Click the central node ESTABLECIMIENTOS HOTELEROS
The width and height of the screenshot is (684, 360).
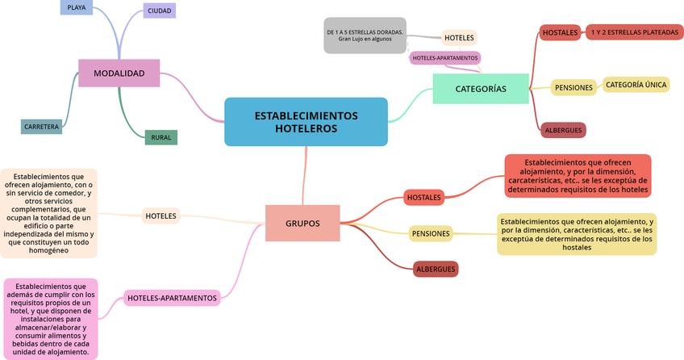click(306, 122)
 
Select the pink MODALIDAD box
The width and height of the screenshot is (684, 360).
click(119, 73)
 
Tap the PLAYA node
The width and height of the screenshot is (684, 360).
click(77, 7)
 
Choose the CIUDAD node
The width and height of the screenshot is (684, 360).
click(159, 10)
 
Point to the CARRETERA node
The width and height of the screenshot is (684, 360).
click(41, 127)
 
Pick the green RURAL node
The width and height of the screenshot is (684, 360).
click(161, 137)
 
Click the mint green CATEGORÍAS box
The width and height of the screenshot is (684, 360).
click(481, 89)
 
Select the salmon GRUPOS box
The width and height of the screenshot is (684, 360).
click(302, 224)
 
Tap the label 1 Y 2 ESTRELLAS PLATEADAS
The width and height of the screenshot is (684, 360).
click(634, 32)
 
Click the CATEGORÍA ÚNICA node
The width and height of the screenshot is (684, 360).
click(636, 85)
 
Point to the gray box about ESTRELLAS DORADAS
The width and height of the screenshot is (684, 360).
click(365, 36)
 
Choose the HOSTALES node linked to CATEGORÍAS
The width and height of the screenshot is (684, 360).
click(560, 33)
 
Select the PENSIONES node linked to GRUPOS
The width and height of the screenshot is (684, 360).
click(431, 233)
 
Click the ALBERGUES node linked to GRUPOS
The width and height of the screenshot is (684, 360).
click(436, 269)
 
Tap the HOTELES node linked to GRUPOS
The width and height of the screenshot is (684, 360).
click(161, 216)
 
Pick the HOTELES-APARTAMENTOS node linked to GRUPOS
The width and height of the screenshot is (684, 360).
click(173, 298)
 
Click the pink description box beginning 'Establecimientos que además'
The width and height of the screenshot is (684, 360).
click(51, 319)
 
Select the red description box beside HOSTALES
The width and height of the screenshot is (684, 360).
click(578, 176)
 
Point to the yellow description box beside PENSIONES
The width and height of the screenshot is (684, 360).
click(577, 234)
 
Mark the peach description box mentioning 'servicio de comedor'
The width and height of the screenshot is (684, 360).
click(48, 213)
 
